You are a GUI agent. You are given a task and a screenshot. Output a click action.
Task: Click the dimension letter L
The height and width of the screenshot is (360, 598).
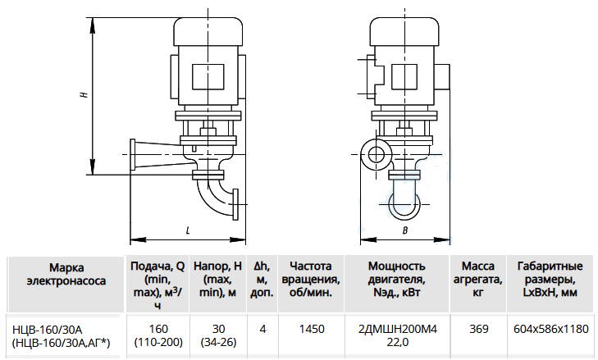point(188,230)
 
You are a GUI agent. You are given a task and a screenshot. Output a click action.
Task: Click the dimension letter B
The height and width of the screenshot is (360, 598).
point(405,230)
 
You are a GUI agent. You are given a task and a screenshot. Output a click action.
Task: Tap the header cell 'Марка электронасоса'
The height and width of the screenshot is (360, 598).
point(66,274)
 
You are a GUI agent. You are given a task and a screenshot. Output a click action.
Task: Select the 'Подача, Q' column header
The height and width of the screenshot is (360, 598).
point(157,285)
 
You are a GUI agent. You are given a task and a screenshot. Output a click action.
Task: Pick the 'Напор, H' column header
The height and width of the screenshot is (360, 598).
point(217,279)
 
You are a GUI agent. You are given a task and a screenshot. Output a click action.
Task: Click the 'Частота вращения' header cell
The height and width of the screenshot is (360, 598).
point(311,279)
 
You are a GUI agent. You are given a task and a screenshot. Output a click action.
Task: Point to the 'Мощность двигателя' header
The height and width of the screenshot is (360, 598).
point(397,279)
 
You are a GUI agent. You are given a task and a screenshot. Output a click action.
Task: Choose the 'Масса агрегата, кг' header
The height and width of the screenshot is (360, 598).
point(478,279)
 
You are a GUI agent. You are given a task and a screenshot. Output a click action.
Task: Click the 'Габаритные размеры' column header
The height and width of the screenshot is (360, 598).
point(550,279)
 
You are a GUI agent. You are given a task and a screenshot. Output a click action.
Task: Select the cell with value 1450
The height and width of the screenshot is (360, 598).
point(312,329)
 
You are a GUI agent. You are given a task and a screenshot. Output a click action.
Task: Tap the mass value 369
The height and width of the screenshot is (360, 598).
point(478,329)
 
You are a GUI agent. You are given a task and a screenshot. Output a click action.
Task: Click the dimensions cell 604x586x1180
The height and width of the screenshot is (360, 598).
point(551,329)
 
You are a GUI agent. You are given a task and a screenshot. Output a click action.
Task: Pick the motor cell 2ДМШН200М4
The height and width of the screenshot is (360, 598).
point(398,329)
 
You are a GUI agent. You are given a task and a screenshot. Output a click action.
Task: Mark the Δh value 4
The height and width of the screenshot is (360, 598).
point(262,329)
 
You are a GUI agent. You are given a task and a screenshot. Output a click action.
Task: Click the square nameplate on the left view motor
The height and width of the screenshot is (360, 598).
point(208,77)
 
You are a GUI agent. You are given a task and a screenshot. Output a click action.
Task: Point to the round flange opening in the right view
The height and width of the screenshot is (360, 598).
point(377,154)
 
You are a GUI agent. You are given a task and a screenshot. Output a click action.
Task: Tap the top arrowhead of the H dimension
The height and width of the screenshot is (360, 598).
point(93,24)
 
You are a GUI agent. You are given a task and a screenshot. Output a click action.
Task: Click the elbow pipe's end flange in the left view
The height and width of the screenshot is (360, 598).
point(235,204)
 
